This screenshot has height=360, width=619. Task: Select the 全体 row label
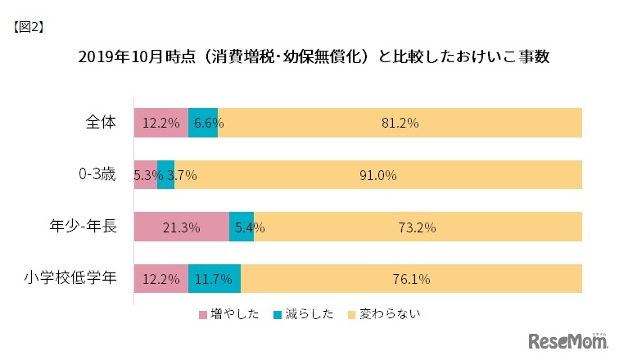coord(101,123)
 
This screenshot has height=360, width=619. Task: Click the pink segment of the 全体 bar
coord(160,124)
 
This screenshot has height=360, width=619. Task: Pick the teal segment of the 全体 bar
coord(203,124)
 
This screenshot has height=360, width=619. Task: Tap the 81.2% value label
coord(400,124)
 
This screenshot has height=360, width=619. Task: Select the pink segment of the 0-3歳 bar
coord(145,175)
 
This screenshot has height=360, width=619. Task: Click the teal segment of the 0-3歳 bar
coord(165,175)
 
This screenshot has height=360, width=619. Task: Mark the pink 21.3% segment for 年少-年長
coord(181,227)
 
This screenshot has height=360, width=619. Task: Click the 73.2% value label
coord(418,227)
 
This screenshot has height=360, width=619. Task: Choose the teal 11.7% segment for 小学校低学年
coord(215,279)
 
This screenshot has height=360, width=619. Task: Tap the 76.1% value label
coord(412,279)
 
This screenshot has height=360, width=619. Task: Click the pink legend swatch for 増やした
coord(204,314)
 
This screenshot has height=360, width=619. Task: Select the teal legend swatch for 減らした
coord(277,314)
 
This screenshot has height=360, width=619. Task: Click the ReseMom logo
coord(566,340)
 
